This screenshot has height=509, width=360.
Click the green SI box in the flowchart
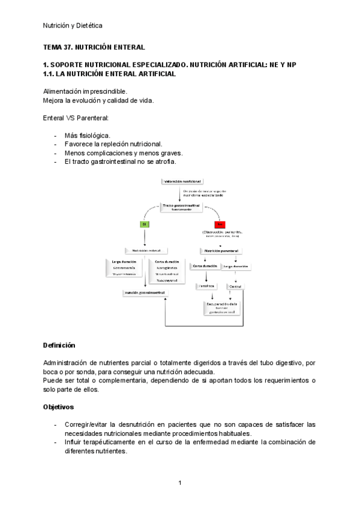[x=145, y=224]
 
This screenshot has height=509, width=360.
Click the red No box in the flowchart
[x=219, y=224]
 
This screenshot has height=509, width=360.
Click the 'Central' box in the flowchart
[x=235, y=287]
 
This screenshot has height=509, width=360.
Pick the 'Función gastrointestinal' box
[x=145, y=292]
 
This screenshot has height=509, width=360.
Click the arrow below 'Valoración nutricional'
[x=182, y=193]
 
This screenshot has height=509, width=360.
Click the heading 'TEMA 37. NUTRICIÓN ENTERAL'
[x=94, y=46]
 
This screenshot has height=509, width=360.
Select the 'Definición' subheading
[x=59, y=345]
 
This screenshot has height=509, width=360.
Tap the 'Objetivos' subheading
[x=58, y=406]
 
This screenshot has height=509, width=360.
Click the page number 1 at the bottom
[x=179, y=483]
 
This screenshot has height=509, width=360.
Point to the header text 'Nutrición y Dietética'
[x=73, y=25]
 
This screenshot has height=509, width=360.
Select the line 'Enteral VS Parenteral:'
[x=76, y=118]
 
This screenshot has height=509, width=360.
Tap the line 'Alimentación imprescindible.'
[x=85, y=91]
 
